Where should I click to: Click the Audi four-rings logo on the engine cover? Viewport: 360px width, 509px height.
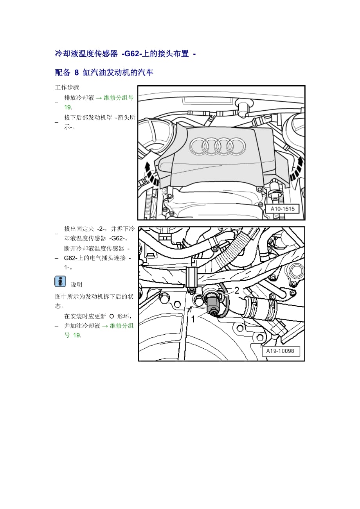tap(218, 146)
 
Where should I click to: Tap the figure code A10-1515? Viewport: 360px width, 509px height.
tap(283, 209)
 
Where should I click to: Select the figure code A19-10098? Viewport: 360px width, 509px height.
tap(280, 351)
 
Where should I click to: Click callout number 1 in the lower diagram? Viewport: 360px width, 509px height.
tap(193, 319)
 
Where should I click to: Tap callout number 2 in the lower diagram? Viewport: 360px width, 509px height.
tap(237, 290)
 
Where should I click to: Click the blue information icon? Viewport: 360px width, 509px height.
tap(60, 281)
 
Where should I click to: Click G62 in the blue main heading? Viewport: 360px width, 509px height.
tap(132, 54)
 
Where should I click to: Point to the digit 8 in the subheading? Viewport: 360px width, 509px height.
tap(77, 72)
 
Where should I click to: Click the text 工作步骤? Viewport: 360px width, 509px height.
tap(67, 87)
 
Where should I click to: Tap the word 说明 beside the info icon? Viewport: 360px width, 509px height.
tap(76, 284)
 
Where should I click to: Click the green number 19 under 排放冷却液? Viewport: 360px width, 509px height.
tap(68, 107)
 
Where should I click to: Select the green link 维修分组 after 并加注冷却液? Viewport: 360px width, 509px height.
tap(122, 326)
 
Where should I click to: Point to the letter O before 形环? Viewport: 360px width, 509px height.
tap(112, 316)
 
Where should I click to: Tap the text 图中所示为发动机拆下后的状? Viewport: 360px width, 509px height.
tap(94, 297)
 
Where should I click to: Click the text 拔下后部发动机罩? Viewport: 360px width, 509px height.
tap(88, 118)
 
